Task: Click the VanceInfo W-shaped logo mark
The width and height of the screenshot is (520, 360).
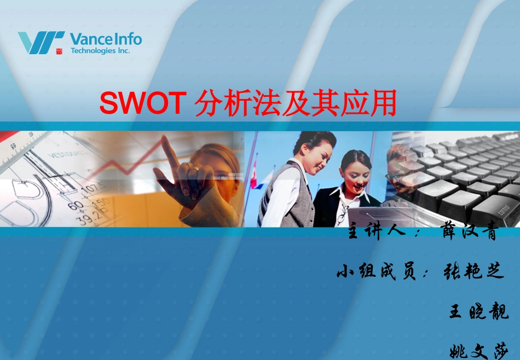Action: coord(41,42)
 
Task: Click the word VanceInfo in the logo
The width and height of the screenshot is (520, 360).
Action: coord(106,39)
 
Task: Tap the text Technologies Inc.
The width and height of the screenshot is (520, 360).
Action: coord(101,51)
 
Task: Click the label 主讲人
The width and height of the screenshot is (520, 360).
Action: coord(378,231)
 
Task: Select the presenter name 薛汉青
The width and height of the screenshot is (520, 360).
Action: coord(470,231)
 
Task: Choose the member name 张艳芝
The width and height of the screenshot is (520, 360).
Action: coord(473,271)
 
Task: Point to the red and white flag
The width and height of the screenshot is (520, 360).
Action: coord(254,178)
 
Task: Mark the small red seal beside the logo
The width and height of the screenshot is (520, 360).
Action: coord(59,51)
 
